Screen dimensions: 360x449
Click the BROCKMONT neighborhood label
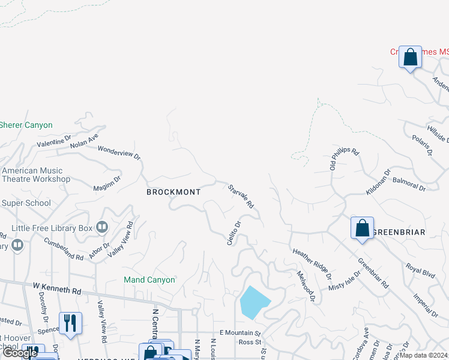pos(173,192)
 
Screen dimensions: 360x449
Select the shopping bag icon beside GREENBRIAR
pos(362,228)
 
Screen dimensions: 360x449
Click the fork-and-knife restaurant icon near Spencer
pos(70,323)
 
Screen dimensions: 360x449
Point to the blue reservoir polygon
pos(253,302)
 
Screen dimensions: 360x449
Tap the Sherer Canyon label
pos(26,125)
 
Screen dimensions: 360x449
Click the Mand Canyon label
pos(149,280)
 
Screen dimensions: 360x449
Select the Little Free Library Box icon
pos(101,227)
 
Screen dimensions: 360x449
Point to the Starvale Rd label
pos(241,196)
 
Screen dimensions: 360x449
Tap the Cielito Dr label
pos(234,233)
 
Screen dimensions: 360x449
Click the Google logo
pos(20,353)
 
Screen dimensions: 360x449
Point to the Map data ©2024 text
pos(423,355)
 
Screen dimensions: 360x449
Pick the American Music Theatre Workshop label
pos(36,175)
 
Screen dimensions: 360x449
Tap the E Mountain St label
pos(240,332)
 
